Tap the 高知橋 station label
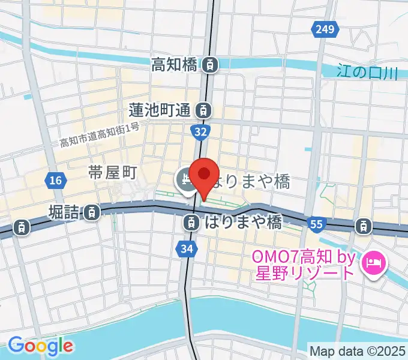[x=174, y=63]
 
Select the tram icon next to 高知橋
[x=210, y=64]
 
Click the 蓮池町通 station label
[x=160, y=110]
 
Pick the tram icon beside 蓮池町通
[x=205, y=110]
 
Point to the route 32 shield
[x=202, y=131]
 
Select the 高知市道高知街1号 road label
[x=100, y=135]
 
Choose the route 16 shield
[x=55, y=179]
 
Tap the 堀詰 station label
[x=65, y=211]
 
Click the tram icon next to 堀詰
[x=92, y=211]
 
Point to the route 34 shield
[x=185, y=247]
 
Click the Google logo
[x=41, y=345]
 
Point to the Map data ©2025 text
[x=357, y=350]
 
